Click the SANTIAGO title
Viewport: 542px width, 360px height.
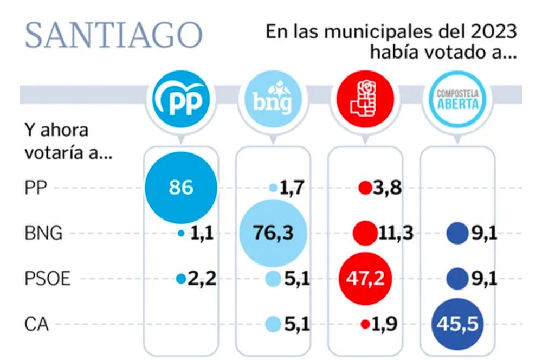[113, 36]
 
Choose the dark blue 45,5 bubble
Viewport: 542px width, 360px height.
[458, 325]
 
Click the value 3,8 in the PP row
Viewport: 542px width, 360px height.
[388, 189]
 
